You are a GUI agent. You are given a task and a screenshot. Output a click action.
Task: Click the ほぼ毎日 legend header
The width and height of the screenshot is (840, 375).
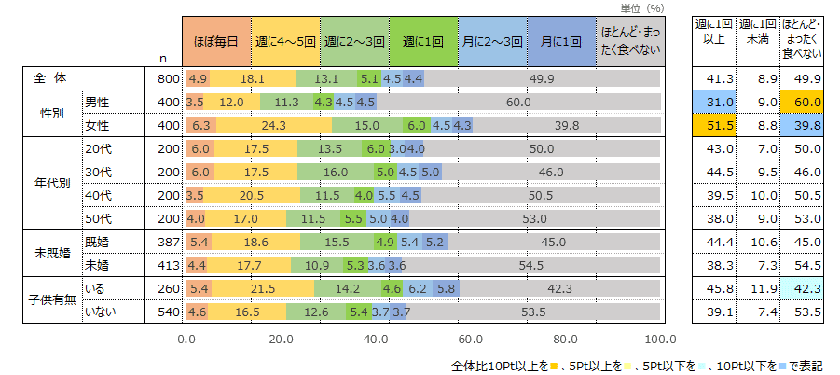[x=217, y=42]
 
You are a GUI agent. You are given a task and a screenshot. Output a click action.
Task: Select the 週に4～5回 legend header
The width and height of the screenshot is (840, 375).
[x=286, y=42]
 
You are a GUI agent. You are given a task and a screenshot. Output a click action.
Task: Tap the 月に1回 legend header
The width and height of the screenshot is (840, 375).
[x=561, y=42]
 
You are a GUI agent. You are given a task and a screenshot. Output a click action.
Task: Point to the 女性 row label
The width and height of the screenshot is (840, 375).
[x=97, y=125]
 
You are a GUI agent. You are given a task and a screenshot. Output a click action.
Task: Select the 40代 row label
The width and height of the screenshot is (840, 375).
[x=98, y=196]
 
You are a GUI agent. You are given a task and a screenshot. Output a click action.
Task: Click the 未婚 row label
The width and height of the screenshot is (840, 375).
[x=97, y=265]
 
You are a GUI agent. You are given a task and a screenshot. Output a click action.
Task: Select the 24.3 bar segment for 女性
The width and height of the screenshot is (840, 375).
[x=273, y=125]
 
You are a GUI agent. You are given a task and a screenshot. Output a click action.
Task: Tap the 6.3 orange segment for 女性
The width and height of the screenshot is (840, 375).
[x=200, y=125]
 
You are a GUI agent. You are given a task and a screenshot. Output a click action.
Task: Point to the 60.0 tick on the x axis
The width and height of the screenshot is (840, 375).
[x=471, y=340]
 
